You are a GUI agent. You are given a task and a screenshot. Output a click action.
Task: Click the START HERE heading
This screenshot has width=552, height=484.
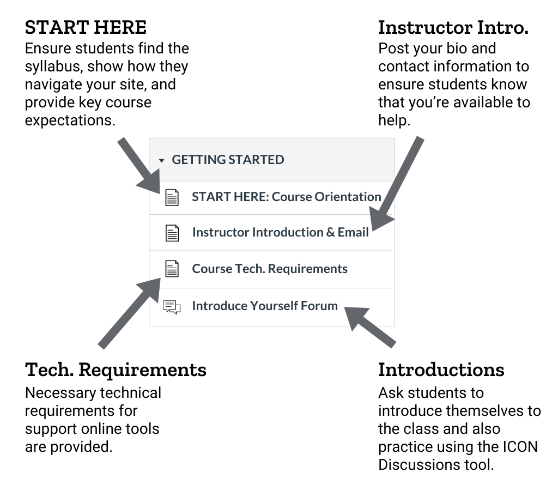click(x=86, y=27)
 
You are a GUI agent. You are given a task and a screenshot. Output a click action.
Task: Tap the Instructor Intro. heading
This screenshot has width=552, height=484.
click(x=453, y=27)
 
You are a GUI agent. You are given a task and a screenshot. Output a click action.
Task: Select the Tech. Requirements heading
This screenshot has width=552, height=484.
click(x=116, y=370)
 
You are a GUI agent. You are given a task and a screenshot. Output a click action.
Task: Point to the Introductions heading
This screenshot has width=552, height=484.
click(x=441, y=370)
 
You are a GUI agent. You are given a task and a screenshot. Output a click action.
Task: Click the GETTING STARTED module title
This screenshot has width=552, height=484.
click(x=228, y=160)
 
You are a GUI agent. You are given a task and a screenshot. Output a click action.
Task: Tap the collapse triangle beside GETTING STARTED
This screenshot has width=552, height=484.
click(x=161, y=161)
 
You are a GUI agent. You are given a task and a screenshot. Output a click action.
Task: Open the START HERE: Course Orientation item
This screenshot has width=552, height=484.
click(x=286, y=197)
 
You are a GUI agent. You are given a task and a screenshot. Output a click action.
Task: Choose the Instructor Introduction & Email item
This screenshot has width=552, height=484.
click(x=280, y=232)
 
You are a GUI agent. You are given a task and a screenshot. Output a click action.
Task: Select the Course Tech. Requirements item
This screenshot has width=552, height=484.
click(x=269, y=269)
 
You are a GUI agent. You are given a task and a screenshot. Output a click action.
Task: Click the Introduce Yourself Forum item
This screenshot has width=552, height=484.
click(x=264, y=306)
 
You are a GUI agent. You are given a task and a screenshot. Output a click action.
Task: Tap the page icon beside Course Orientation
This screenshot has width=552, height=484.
click(x=172, y=197)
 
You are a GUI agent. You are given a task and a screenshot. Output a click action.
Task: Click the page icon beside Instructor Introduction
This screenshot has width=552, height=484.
click(x=172, y=233)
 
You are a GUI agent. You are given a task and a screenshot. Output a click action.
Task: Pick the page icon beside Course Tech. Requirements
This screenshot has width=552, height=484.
click(x=172, y=269)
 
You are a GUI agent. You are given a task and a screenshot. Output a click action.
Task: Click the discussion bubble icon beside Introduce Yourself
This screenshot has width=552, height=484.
click(x=172, y=307)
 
